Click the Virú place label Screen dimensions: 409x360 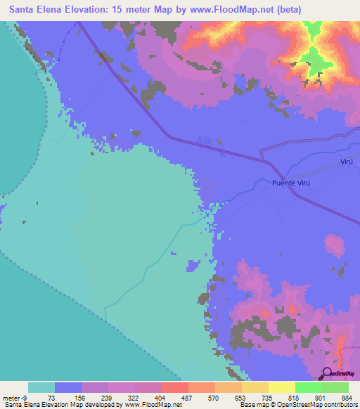[347, 162]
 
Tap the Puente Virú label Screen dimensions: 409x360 [290, 183]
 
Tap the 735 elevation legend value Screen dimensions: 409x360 [267, 397]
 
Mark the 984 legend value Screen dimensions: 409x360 [347, 397]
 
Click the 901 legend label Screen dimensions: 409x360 [321, 397]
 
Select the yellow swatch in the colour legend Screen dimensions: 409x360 [281, 387]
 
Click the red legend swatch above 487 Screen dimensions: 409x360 [174, 387]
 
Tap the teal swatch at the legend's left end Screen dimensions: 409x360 [41, 387]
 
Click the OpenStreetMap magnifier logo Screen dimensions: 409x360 [328, 373]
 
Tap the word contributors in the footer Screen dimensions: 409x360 [337, 405]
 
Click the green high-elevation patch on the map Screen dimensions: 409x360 [316, 56]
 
